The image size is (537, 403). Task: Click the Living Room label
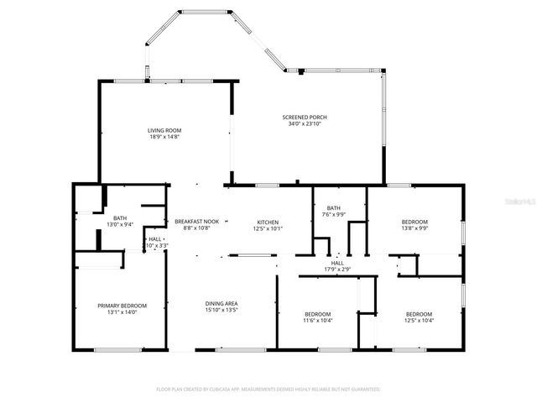pos(164,130)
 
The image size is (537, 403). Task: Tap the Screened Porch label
pos(305,118)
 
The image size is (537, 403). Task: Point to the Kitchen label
pos(268,222)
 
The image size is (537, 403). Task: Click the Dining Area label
pos(222,303)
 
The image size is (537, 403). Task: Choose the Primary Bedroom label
pos(122,306)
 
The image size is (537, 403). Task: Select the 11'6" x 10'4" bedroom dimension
pos(317,320)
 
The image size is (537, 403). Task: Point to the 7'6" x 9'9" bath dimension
pos(334,215)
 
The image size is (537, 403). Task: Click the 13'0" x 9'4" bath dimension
pos(121,225)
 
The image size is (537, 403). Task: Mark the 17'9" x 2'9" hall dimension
pos(337,270)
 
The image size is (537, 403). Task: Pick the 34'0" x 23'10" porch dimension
pos(305,124)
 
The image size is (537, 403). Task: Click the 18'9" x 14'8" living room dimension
pos(164,137)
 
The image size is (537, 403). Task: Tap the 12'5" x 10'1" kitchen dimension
pos(268,228)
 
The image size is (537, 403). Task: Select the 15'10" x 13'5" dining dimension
pos(222,310)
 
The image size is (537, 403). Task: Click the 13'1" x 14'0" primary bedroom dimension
pos(122,312)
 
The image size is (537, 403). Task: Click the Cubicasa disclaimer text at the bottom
pos(268,390)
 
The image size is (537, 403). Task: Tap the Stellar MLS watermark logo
pos(520,202)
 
